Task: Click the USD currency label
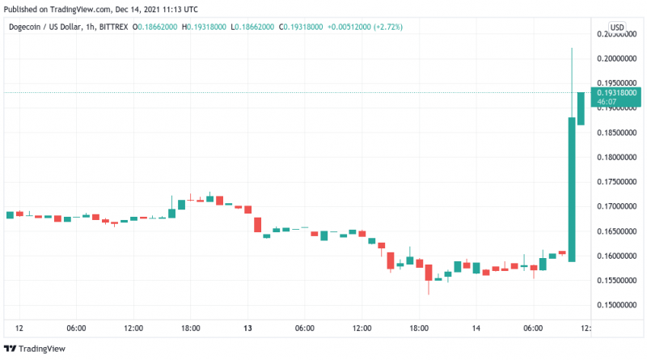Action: [x=617, y=27]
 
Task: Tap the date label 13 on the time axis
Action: [x=247, y=328]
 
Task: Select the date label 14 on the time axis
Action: [x=476, y=328]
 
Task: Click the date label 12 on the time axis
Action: [x=19, y=328]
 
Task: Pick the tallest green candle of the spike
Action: [x=572, y=189]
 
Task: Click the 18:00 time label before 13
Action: [x=190, y=328]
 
